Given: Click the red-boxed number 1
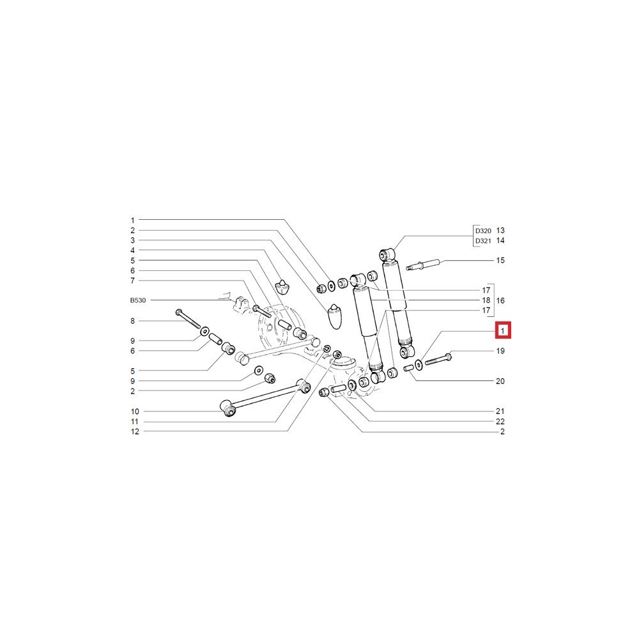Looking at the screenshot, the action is click(503, 330).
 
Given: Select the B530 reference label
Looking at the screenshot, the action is click(138, 300).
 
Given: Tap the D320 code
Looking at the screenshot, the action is click(483, 231).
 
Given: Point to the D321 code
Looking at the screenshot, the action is click(483, 241).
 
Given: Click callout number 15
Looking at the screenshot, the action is click(500, 261).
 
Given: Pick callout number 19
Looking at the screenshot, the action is click(500, 351).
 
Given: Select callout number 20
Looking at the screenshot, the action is click(500, 381).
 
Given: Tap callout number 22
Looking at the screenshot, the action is click(500, 422).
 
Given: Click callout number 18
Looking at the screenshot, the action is click(486, 300).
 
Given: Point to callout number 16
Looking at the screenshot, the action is click(500, 300).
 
